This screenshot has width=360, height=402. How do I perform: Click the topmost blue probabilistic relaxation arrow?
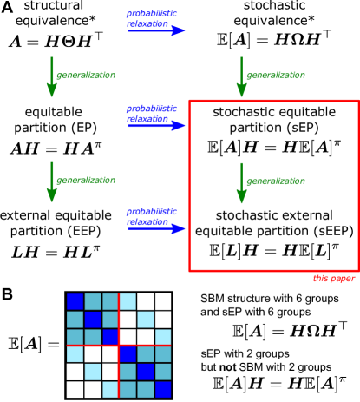coord(156,30)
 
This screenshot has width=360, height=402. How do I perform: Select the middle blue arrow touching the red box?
coord(156,126)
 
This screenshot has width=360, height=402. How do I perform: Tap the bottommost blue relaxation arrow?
coord(156,228)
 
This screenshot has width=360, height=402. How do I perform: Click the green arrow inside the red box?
coord(241,183)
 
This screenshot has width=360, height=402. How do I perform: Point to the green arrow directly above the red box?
coord(241,77)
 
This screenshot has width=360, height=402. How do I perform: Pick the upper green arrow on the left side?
coord(52,76)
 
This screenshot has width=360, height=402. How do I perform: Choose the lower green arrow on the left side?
coord(52,181)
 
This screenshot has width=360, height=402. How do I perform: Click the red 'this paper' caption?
coord(333,279)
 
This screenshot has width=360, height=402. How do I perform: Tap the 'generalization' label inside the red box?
coord(276,181)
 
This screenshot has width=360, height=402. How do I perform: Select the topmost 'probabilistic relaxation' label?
coord(151,19)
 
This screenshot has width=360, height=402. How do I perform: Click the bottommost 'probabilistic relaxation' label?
coord(151,217)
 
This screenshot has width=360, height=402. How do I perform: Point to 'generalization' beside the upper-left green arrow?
coord(86,76)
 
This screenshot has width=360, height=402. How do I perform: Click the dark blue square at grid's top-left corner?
coord(75,301)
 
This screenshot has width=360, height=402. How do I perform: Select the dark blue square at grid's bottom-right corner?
coord(163,389)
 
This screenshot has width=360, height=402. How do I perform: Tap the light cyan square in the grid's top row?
coord(128,301)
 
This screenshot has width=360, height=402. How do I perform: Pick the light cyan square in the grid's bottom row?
coord(110,389)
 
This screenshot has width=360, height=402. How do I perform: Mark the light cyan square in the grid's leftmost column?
coord(75,354)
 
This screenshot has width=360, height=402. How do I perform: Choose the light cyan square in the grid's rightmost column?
coord(163,337)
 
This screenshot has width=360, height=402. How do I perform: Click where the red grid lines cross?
coord(119,346)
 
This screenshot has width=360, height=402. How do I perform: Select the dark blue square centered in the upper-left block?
coord(93,320)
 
